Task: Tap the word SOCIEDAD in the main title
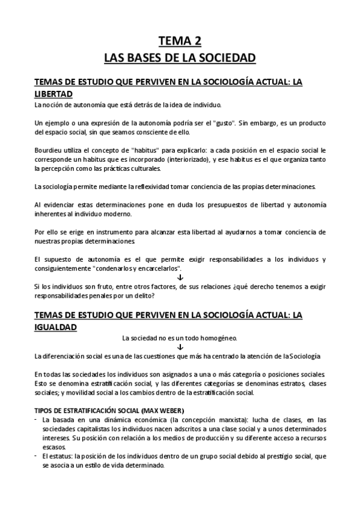(230, 58)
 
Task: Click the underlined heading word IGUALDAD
(55, 326)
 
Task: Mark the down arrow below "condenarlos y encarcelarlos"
(180, 277)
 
